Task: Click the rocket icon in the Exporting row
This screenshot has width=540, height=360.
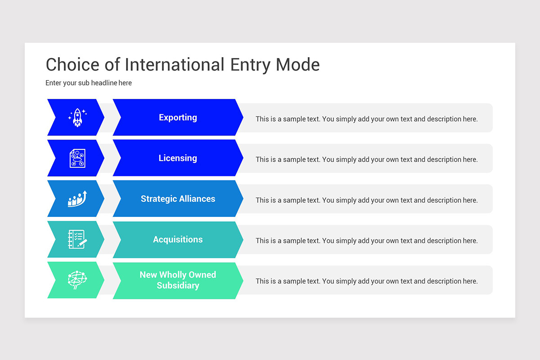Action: (77, 117)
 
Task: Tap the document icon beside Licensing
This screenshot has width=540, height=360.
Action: (77, 158)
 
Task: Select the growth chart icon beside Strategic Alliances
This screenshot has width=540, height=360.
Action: (77, 199)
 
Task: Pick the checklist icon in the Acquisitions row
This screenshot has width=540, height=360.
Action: (77, 239)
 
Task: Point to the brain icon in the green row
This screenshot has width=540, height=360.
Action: (77, 280)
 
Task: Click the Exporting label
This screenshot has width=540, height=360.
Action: (178, 117)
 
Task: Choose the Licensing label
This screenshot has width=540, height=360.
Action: (178, 158)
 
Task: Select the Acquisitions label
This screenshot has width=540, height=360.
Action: (178, 239)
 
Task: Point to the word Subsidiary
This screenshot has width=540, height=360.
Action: (178, 285)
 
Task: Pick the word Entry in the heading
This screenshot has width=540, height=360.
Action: (250, 65)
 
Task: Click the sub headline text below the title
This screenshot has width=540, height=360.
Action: (89, 83)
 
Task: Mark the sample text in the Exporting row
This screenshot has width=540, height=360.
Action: (366, 119)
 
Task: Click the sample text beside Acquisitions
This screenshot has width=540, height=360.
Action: (366, 241)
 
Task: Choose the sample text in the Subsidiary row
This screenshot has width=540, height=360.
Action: (366, 281)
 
